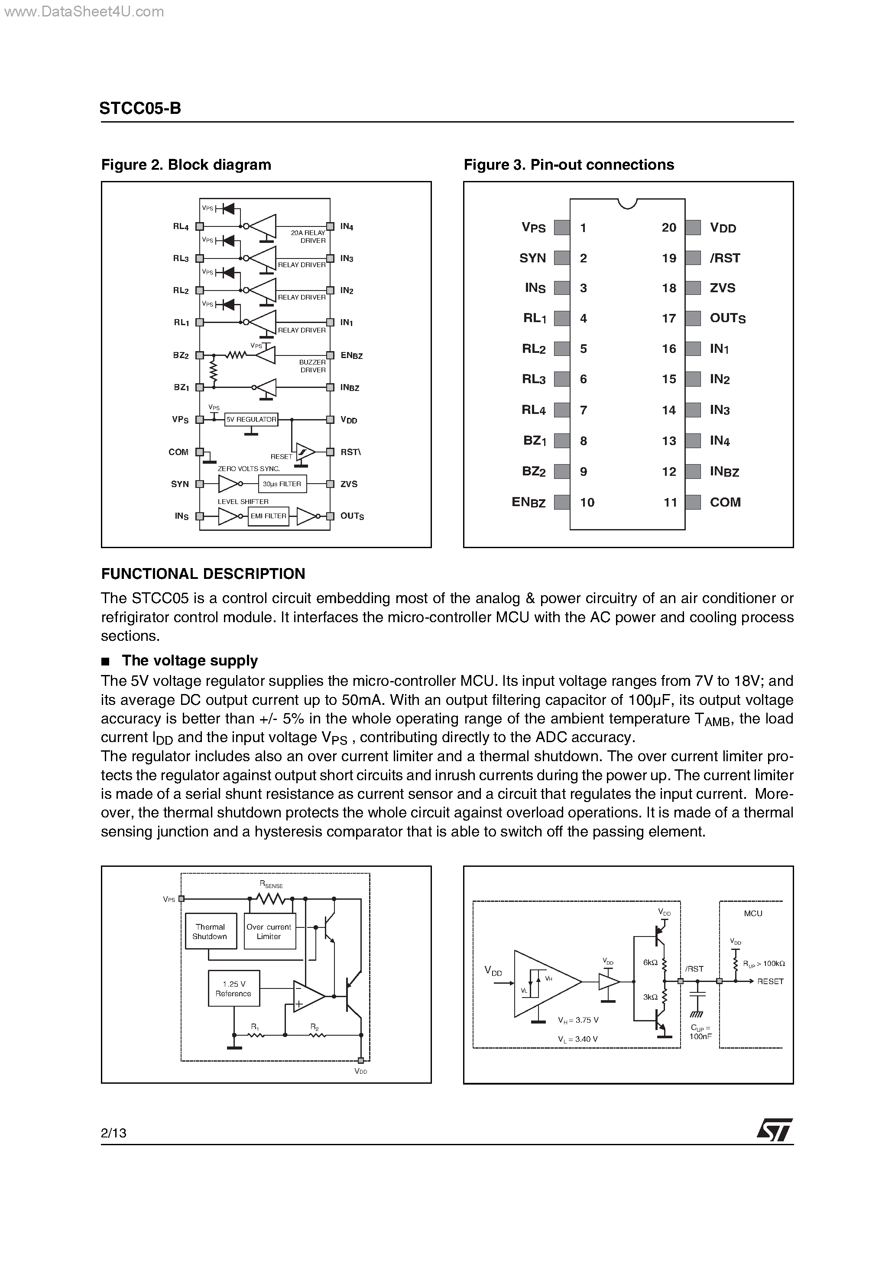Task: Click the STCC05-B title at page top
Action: tap(140, 108)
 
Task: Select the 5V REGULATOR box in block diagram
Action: tap(251, 420)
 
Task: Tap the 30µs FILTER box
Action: tap(282, 484)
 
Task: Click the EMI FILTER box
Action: tap(268, 516)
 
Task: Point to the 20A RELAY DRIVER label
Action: tap(308, 236)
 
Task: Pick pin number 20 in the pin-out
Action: tap(669, 228)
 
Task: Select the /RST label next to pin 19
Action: tap(725, 258)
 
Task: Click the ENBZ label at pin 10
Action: tap(528, 502)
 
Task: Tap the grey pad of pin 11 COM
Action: tap(693, 502)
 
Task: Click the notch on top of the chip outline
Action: tap(627, 203)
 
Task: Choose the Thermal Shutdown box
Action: tap(210, 931)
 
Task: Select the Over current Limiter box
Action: tap(269, 931)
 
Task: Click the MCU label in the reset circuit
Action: tap(752, 914)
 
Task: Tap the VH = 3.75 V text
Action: tap(578, 1020)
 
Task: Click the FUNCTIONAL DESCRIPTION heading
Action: tap(203, 574)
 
